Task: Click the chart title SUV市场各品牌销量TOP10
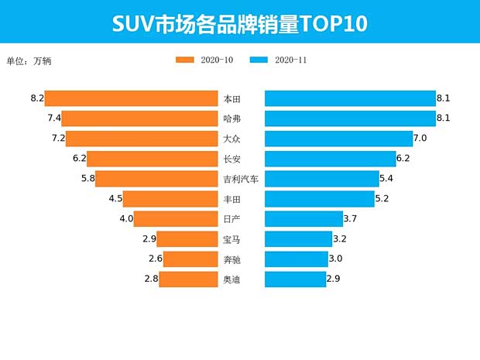(x=240, y=22)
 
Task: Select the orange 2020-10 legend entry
(x=204, y=60)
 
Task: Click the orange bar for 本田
(x=131, y=98)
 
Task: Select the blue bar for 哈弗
(x=350, y=118)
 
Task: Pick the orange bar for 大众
(x=142, y=139)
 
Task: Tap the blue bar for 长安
(x=330, y=159)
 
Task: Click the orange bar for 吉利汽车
(x=156, y=179)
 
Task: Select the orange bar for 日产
(x=176, y=219)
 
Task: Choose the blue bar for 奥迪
(x=295, y=279)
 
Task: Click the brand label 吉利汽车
(x=240, y=179)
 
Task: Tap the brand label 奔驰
(x=231, y=259)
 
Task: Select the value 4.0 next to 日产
(x=126, y=219)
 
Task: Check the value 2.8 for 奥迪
(x=151, y=279)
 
